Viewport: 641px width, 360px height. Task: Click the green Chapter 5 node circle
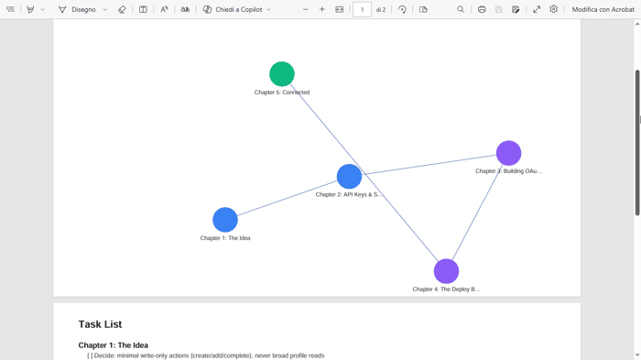(282, 74)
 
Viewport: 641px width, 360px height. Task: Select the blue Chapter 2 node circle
(349, 176)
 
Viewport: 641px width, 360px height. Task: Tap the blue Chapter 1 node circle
(225, 220)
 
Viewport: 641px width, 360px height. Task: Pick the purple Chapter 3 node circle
(508, 153)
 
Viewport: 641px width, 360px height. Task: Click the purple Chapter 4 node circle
(446, 271)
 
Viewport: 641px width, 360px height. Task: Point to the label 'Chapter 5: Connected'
(282, 93)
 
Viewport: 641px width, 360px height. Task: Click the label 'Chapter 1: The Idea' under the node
(225, 238)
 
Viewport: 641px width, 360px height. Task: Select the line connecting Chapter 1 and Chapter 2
(288, 198)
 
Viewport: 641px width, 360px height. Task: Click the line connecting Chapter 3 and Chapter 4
(477, 213)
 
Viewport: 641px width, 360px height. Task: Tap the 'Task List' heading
(100, 324)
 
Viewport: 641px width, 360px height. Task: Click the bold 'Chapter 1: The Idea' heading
(114, 345)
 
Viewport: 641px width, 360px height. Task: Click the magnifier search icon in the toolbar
(461, 9)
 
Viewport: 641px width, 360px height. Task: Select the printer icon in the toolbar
(482, 9)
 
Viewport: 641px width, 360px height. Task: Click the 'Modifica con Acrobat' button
(603, 9)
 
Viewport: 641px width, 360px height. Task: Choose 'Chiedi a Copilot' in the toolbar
(237, 9)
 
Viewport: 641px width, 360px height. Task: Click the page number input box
(362, 9)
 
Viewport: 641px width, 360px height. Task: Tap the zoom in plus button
(322, 9)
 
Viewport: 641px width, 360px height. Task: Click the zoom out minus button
(305, 9)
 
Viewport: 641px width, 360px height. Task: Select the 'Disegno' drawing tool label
(83, 9)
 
